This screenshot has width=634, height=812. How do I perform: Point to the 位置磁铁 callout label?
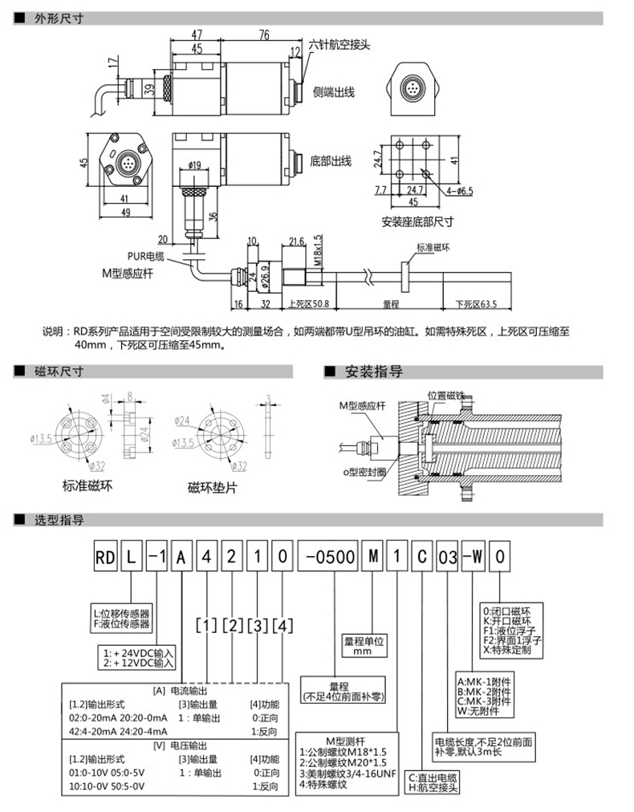[x=445, y=396]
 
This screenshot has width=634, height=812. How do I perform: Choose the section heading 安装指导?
[x=373, y=372]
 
